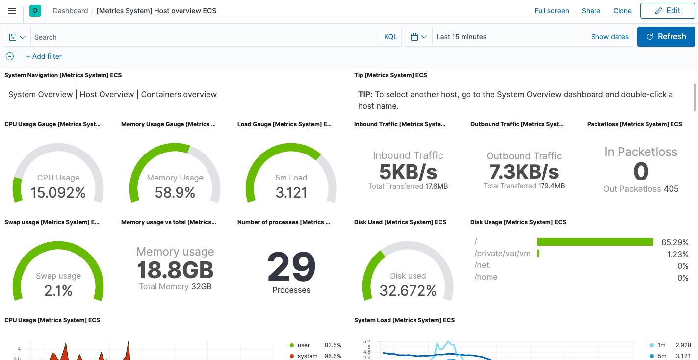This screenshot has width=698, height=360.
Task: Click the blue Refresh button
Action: point(666,37)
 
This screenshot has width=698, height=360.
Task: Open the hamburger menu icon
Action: point(12,11)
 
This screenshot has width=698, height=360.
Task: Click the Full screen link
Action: point(551,11)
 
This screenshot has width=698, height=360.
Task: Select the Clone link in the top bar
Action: point(622,11)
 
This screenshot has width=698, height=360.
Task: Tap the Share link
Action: point(591,11)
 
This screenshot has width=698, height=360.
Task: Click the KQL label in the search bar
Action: point(390,37)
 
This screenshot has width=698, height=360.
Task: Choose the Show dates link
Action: point(610,37)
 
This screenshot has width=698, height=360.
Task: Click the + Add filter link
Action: point(44,56)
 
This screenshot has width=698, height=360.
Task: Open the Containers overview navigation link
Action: point(179,94)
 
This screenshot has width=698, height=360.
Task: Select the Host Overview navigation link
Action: point(107,94)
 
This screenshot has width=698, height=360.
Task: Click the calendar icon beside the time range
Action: point(414,37)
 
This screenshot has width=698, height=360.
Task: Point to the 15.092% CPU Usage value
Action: point(58,193)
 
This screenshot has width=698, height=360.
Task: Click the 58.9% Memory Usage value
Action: point(175,193)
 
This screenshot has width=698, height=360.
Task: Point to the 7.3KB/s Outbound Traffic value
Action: point(524,172)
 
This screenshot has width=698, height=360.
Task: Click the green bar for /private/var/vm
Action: point(538,254)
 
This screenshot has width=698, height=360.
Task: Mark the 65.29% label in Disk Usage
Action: point(674,242)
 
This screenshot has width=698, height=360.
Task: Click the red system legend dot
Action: point(292,356)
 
